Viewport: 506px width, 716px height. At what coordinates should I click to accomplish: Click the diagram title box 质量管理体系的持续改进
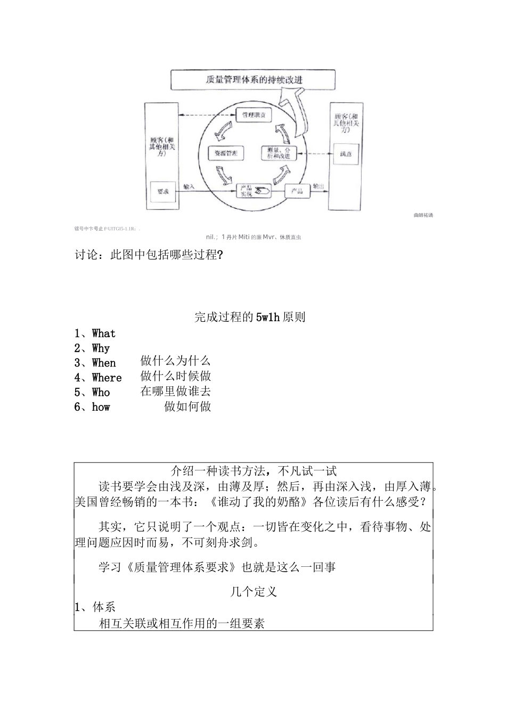(x=252, y=80)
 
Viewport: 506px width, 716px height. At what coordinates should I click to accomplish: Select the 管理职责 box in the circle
(x=254, y=115)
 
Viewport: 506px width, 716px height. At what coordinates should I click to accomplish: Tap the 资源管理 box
(x=225, y=153)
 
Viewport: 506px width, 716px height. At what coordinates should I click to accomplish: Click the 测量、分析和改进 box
(x=278, y=153)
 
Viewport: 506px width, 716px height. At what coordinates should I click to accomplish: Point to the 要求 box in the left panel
(x=162, y=191)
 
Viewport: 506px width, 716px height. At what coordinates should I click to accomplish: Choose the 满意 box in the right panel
(x=346, y=154)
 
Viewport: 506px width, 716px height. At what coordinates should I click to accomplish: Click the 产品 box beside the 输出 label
(x=297, y=191)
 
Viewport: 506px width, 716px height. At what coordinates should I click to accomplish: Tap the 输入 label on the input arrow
(x=189, y=186)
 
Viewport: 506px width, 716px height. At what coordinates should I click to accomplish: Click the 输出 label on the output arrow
(x=319, y=186)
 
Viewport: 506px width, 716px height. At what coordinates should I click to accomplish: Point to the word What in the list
(x=103, y=333)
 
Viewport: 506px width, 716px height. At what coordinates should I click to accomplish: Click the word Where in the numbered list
(x=107, y=378)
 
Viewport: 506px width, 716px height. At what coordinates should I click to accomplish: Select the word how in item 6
(x=101, y=407)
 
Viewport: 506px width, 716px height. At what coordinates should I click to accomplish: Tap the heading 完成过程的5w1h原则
(x=250, y=318)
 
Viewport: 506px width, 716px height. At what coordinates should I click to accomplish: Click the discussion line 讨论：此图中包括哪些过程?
(x=149, y=255)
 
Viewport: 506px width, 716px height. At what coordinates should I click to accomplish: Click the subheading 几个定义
(x=254, y=592)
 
